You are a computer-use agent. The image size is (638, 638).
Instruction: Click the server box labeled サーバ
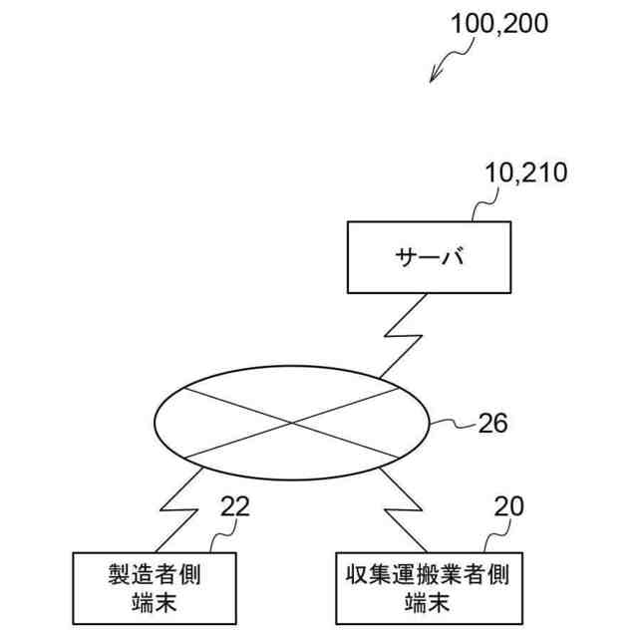pos(429,256)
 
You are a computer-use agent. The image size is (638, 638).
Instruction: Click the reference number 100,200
pos(498,23)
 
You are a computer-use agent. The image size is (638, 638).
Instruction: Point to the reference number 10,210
pos(525,172)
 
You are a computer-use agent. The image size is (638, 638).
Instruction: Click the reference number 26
pos(492,424)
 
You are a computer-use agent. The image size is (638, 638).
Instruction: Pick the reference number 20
pos(509,507)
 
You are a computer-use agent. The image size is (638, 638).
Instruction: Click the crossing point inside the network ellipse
pos(293,424)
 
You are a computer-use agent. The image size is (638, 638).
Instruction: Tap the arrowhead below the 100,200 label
pos(434,78)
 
